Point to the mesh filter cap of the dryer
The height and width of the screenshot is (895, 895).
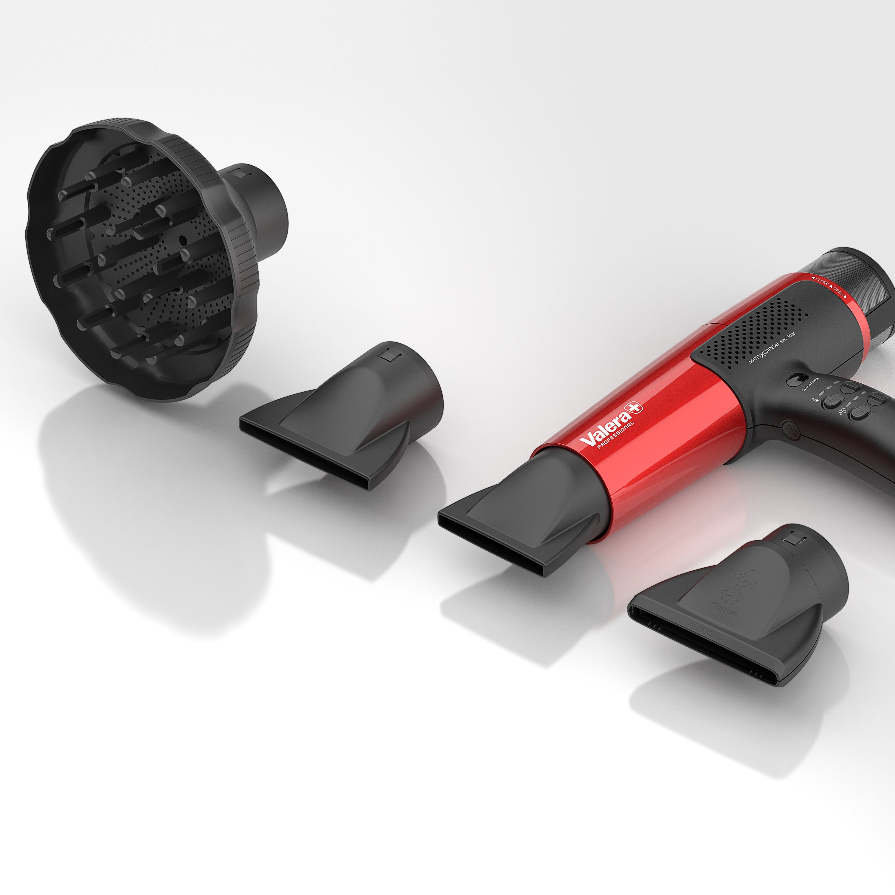tap(871, 297)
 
